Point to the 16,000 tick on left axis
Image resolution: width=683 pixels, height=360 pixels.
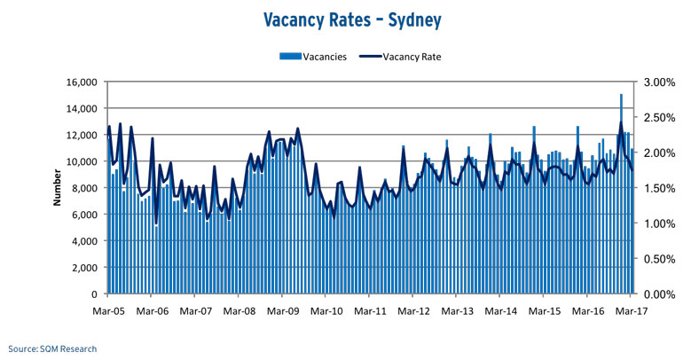click(x=79, y=82)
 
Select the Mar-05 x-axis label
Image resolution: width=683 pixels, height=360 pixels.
click(x=108, y=311)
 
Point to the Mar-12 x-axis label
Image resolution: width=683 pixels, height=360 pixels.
click(x=413, y=311)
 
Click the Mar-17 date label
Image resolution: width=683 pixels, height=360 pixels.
click(x=631, y=311)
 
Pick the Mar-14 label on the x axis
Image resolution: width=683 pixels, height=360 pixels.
click(x=500, y=311)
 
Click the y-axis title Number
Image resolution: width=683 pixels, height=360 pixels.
click(x=57, y=188)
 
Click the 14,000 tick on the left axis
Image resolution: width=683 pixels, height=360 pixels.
click(x=79, y=109)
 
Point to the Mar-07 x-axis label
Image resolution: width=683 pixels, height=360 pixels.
click(x=195, y=311)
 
